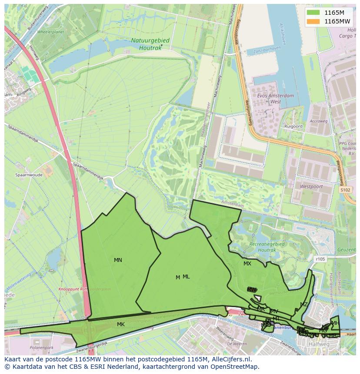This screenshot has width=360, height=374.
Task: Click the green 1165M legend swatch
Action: [313, 13]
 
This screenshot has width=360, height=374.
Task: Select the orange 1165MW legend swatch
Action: [313, 21]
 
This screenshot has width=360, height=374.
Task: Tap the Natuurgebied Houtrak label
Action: [150, 44]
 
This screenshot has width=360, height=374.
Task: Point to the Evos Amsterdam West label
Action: [276, 99]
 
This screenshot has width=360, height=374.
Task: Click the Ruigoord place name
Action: [293, 126]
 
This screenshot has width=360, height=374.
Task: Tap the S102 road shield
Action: [345, 190]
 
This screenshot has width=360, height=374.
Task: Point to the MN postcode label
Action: [118, 260]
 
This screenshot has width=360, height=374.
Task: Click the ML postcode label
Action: [186, 277]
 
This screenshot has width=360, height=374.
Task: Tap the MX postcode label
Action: [247, 264]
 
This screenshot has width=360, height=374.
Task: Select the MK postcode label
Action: [121, 324]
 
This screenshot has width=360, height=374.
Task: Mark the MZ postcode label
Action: [303, 304]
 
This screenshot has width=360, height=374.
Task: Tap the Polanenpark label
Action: [41, 348]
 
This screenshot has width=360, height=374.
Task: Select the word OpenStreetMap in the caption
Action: [237, 367]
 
